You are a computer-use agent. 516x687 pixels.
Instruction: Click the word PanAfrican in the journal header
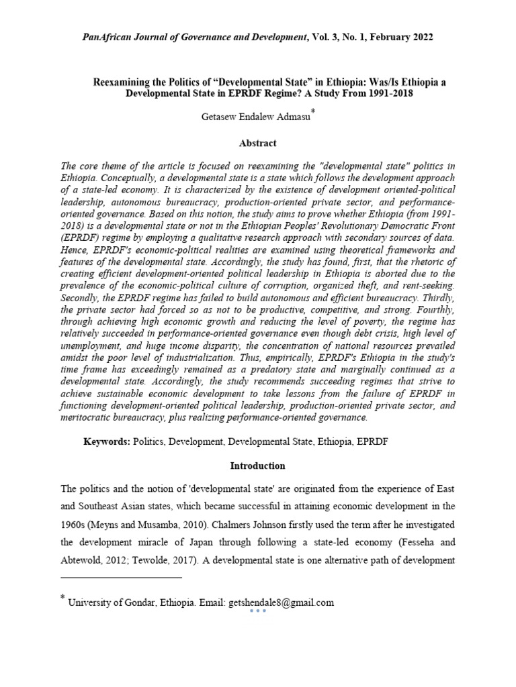point(106,38)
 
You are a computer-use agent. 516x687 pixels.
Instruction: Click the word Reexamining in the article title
point(118,82)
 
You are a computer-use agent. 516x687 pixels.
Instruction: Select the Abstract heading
point(258,143)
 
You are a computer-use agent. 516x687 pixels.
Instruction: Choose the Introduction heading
point(258,466)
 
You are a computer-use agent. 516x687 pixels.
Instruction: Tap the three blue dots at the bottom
point(258,611)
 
